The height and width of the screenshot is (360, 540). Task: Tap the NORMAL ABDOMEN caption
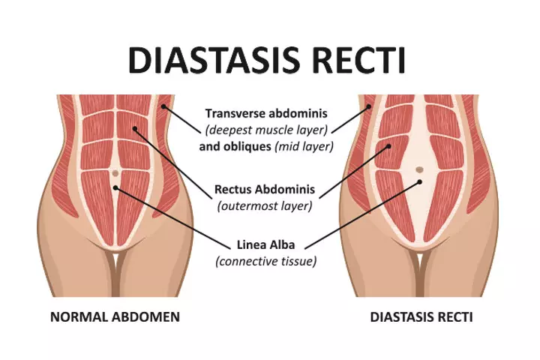pyautogui.click(x=115, y=317)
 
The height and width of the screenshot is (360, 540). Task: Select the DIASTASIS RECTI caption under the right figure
pyautogui.click(x=421, y=317)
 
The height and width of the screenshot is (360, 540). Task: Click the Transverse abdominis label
pyautogui.click(x=266, y=113)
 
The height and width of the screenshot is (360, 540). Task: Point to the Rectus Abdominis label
pyautogui.click(x=265, y=189)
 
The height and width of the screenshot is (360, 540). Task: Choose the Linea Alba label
pyautogui.click(x=265, y=244)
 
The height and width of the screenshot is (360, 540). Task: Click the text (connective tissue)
pyautogui.click(x=265, y=261)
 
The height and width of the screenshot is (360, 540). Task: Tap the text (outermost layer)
pyautogui.click(x=265, y=206)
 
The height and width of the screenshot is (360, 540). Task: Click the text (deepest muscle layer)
pyautogui.click(x=266, y=130)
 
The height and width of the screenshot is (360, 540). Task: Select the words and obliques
pyautogui.click(x=235, y=146)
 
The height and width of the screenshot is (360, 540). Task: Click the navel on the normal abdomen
pyautogui.click(x=115, y=173)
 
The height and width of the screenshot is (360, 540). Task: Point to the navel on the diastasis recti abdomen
pyautogui.click(x=419, y=169)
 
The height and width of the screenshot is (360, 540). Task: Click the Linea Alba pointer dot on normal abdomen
pyautogui.click(x=115, y=187)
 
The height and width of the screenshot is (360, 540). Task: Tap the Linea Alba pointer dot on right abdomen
pyautogui.click(x=420, y=181)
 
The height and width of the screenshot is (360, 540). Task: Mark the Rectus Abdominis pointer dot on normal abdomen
pyautogui.click(x=135, y=129)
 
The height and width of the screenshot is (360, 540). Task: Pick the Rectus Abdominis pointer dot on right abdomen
pyautogui.click(x=388, y=146)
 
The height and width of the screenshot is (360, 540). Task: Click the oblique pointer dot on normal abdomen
pyautogui.click(x=163, y=106)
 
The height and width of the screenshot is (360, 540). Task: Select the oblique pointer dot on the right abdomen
pyautogui.click(x=369, y=106)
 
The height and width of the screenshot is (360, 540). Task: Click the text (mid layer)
pyautogui.click(x=304, y=147)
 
